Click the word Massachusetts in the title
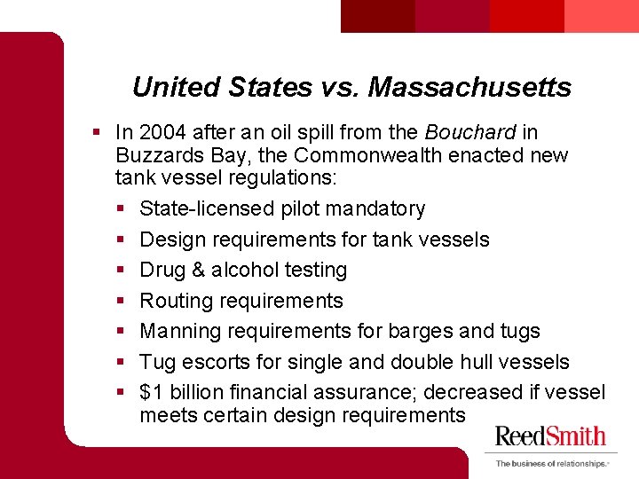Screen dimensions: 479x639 point(469,87)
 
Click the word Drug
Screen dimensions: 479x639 point(162,270)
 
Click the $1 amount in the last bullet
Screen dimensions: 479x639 point(151,392)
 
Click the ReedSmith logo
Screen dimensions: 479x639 point(550,436)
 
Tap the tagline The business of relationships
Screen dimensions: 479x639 point(551,463)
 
